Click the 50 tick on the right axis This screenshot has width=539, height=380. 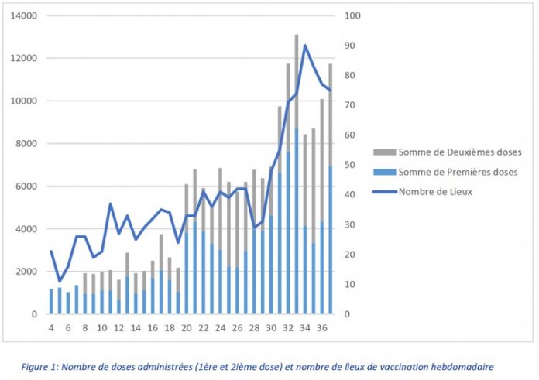tap(352, 165)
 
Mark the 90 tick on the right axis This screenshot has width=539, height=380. tap(352, 46)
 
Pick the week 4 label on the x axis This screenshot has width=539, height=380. tap(51, 328)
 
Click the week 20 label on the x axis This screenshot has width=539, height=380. tap(187, 328)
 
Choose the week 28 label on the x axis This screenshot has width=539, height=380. tap(254, 328)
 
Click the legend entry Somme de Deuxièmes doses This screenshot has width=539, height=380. tap(459, 152)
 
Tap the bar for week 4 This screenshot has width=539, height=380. tap(51, 301)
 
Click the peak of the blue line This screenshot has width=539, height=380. tap(305, 45)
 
